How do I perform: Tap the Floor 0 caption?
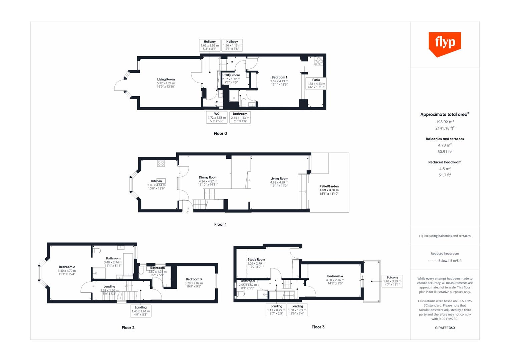point(220,133)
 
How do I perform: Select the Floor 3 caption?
point(318,327)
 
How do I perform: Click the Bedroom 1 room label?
point(279,78)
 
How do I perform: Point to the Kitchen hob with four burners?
point(161,163)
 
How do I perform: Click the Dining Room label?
point(208,177)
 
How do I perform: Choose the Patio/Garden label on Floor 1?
point(329,187)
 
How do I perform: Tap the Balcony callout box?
point(392,281)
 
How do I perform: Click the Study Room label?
point(256,259)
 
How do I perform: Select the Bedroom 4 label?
point(335,276)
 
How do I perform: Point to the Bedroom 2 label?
point(67,267)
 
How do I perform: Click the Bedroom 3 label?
point(194,279)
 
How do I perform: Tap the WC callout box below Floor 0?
point(217,117)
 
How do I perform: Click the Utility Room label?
point(231,75)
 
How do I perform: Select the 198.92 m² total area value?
point(445,122)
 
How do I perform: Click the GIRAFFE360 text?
point(445,328)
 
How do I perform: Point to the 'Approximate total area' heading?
point(444,114)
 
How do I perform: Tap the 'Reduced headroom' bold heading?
point(445,162)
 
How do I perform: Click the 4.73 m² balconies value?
point(445,145)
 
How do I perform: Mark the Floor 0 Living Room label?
point(166,80)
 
